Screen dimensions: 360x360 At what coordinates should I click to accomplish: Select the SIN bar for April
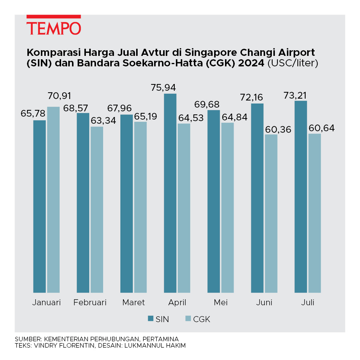tap(170, 193)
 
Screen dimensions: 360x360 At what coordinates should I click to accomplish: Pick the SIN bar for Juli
tap(301, 196)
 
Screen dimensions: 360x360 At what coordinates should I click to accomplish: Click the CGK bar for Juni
tap(271, 213)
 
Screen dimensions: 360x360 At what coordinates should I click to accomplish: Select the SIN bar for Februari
tap(83, 202)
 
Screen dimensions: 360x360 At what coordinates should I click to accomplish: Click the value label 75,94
tap(170, 87)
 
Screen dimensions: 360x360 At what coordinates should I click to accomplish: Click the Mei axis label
tap(220, 303)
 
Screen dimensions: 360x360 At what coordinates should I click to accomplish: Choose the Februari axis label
tap(90, 303)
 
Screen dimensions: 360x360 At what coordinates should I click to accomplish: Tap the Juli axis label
tap(307, 303)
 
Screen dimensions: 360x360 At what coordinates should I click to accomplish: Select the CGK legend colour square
tap(189, 319)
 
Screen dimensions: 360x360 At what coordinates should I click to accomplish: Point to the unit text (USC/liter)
tap(292, 63)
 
